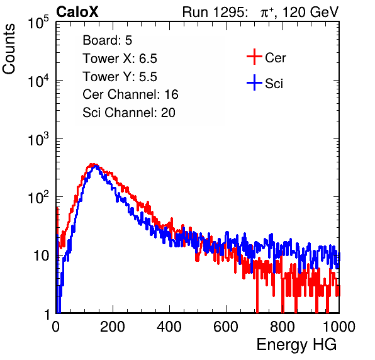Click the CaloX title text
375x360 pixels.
tap(77, 12)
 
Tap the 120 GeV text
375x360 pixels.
tap(310, 12)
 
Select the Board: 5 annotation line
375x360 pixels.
tap(108, 40)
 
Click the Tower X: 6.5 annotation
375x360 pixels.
tap(120, 59)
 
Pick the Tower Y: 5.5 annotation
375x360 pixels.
tap(120, 77)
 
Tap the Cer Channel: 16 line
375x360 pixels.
tap(130, 94)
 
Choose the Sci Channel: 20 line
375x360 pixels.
tap(129, 113)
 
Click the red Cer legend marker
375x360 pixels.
tap(254, 57)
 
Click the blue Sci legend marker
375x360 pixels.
tap(254, 82)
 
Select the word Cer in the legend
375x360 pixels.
tap(275, 58)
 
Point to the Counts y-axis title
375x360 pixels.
tap(9, 49)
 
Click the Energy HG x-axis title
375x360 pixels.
tap(296, 345)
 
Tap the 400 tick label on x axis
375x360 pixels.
tap(169, 327)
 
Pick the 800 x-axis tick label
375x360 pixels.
tap(283, 327)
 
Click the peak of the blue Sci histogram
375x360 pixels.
tap(96, 166)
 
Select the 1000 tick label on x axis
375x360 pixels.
tap(339, 327)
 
